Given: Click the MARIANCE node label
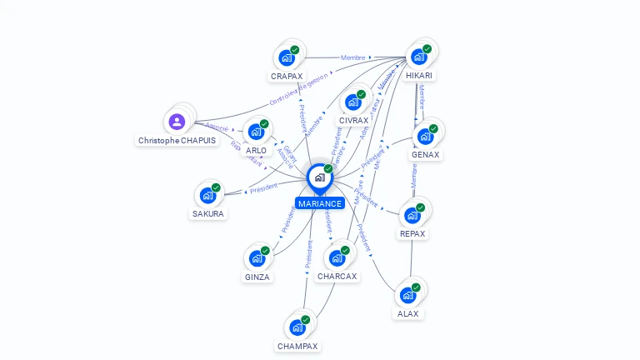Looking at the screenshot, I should pos(320,203).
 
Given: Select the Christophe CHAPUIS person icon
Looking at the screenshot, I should pos(177,122).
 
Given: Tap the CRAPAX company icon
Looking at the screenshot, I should pos(287,57).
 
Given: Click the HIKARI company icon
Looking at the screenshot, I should pos(418,56).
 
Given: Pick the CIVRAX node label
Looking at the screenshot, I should pos(353,120).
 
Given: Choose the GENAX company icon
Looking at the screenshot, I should pos(425,136).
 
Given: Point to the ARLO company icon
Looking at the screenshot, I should pos(256,131).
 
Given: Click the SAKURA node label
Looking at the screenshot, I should pos(207,213).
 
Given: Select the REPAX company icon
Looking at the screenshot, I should pos(412,215).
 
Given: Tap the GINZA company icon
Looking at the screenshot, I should pos(257,257).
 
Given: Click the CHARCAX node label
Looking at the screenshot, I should pos(337,276).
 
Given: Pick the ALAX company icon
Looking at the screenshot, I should pos(407,295).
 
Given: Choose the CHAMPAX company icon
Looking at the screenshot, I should pos(297,327).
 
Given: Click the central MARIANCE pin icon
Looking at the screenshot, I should pos(319,177).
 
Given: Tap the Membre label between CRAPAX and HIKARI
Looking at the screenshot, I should pos(353,57).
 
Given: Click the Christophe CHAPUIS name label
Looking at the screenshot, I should pos(177,141).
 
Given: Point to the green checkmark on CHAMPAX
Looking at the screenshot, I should pos(305,320).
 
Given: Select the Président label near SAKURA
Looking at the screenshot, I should pos(264,188).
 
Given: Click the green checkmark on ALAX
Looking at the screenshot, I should pos(416,287).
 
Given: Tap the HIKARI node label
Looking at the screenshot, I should pos(419,75).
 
